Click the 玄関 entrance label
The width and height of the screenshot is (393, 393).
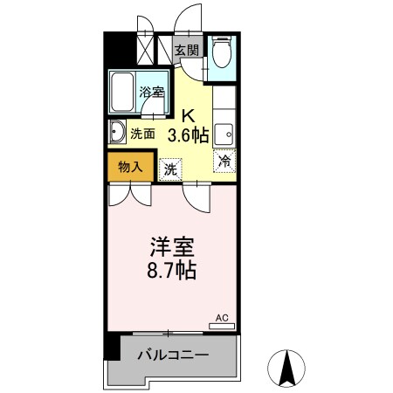pos(185,50)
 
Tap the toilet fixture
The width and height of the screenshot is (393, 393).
pos(220,54)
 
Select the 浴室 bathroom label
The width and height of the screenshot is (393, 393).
pos(151,92)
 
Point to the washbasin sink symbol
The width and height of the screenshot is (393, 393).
pos(117,134)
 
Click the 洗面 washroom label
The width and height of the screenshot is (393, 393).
pos(143,134)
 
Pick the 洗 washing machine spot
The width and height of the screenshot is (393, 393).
pos(171,169)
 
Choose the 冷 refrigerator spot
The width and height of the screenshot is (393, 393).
pos(224,161)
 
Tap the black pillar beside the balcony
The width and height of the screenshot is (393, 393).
pos(111,346)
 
